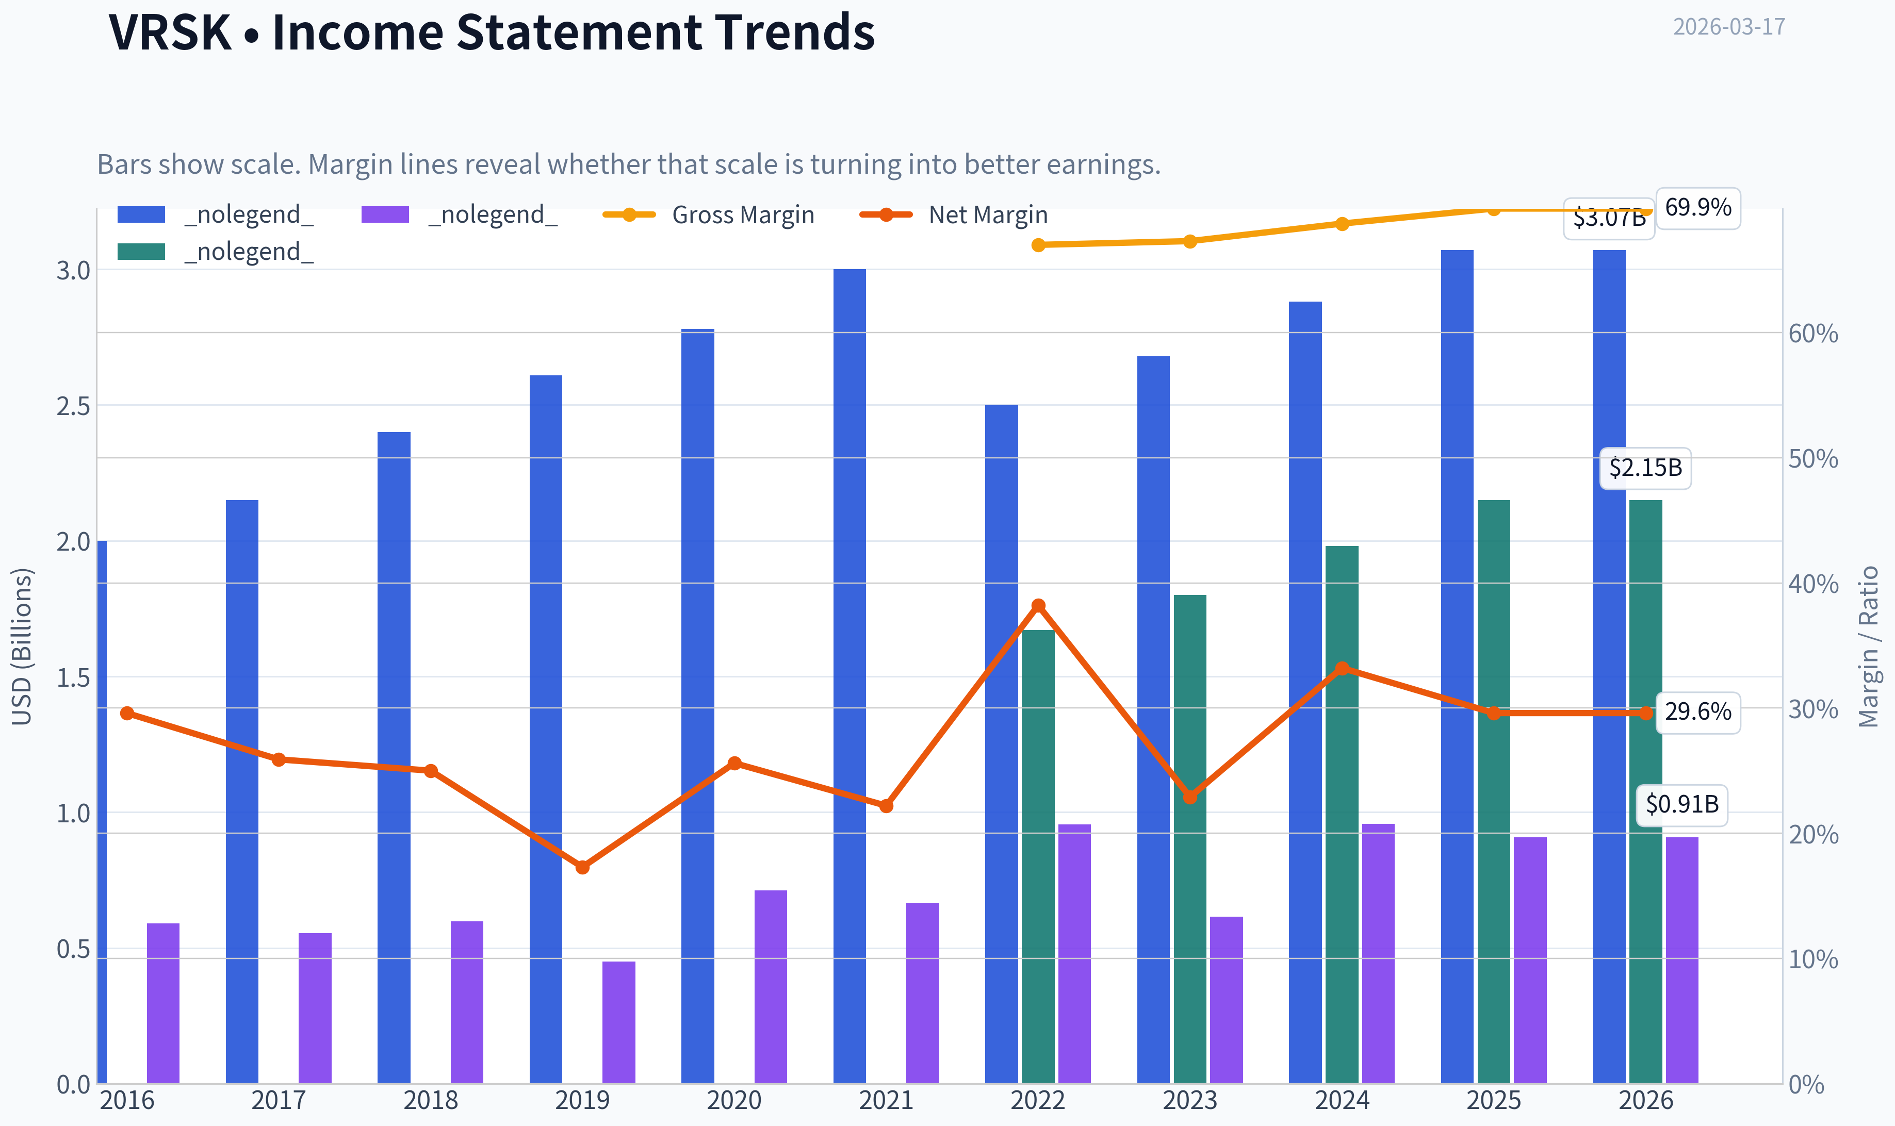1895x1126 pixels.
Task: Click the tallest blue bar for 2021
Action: click(x=849, y=676)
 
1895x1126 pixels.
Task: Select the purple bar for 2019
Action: click(x=618, y=1022)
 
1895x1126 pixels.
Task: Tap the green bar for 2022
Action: click(x=1038, y=857)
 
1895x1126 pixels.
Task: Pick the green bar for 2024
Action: click(x=1342, y=814)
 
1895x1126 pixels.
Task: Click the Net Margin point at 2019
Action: click(x=582, y=867)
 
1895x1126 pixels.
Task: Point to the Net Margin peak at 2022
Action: click(x=1038, y=605)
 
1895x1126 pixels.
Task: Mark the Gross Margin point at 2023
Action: click(x=1190, y=241)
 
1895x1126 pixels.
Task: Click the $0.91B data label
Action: click(x=1682, y=804)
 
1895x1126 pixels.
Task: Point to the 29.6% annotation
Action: click(x=1697, y=711)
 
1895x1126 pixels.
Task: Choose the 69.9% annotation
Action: click(x=1697, y=207)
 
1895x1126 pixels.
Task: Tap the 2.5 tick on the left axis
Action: click(x=73, y=406)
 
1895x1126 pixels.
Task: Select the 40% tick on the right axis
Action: click(x=1813, y=584)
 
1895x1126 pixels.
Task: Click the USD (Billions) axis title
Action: click(x=22, y=647)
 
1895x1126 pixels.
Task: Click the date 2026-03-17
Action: click(x=1729, y=27)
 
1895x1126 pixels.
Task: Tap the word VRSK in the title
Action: click(x=170, y=32)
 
